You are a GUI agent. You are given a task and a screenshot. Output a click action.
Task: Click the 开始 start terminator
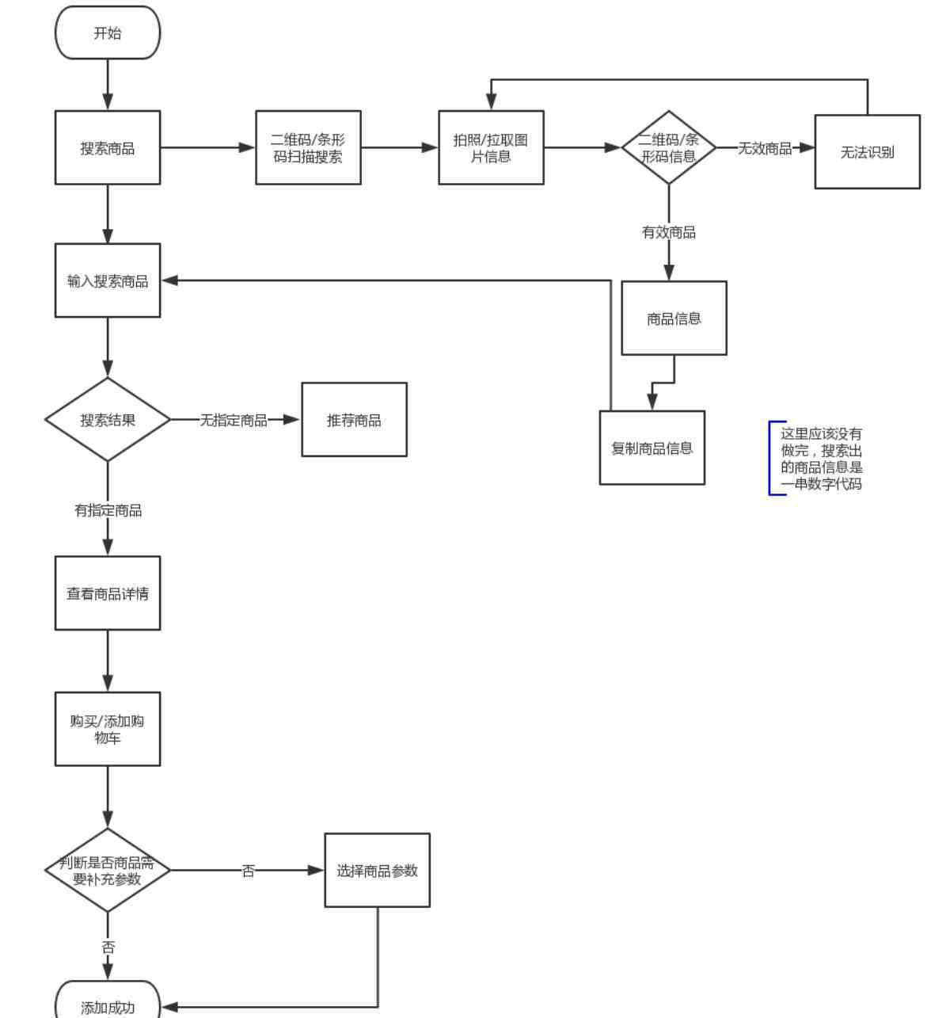(108, 32)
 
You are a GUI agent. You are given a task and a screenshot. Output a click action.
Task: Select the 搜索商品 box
(108, 147)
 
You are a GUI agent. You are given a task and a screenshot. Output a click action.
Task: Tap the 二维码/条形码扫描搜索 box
(308, 147)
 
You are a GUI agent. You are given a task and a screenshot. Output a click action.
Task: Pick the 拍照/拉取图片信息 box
(491, 147)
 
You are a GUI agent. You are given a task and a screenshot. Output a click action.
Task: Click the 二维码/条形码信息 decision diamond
(669, 147)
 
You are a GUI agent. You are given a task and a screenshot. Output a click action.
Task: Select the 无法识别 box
(867, 152)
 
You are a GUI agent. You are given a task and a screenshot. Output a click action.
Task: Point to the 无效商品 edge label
(765, 148)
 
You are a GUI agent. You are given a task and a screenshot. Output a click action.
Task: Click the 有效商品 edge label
(669, 232)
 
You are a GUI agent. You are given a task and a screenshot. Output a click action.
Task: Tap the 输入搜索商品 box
(108, 280)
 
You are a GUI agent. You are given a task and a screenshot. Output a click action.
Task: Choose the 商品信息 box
(674, 318)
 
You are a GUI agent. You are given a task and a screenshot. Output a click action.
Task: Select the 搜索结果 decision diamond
(108, 420)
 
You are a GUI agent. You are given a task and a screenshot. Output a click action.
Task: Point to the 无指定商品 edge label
(234, 420)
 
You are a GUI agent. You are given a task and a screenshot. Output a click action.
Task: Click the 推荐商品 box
(354, 420)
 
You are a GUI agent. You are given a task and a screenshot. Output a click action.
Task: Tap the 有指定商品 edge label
(108, 510)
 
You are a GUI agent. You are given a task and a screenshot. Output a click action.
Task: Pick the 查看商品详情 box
(108, 593)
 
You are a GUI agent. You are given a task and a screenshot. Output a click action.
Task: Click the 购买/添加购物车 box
(108, 730)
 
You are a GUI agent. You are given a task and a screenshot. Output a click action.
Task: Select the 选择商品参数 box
(377, 871)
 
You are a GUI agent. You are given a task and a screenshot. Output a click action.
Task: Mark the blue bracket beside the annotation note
(770, 458)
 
